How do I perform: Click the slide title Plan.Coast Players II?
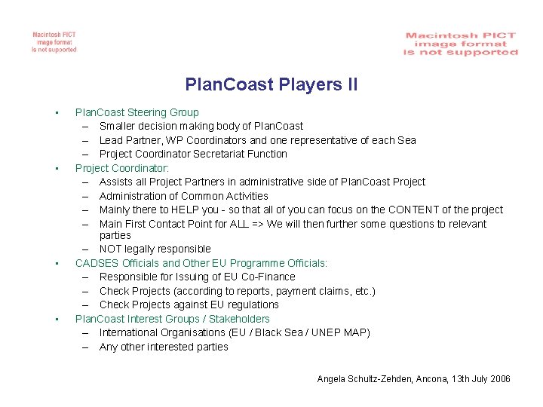271,84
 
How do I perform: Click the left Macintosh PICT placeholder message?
54,42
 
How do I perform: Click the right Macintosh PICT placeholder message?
461,44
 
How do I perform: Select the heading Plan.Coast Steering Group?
137,112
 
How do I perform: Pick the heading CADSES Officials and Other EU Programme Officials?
201,263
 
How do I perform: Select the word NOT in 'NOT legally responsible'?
112,249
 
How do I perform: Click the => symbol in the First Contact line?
258,224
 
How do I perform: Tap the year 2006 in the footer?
499,378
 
